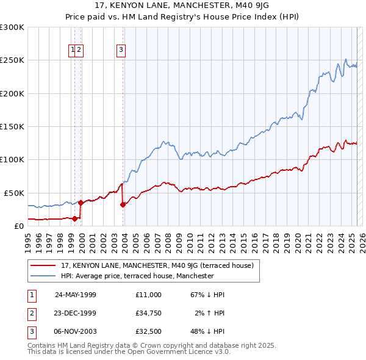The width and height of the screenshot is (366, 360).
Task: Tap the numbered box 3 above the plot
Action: [x=121, y=50]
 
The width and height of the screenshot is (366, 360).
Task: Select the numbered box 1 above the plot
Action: [x=73, y=50]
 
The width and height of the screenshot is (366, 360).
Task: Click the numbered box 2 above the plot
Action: [x=79, y=50]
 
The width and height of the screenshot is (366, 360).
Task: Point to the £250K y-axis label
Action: [x=12, y=60]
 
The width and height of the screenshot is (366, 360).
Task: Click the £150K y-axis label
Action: [x=12, y=126]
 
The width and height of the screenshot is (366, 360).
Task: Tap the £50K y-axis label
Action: [x=14, y=192]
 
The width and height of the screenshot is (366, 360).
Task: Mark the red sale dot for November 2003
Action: [x=123, y=204]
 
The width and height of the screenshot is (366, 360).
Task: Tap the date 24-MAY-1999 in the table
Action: [x=76, y=295]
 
